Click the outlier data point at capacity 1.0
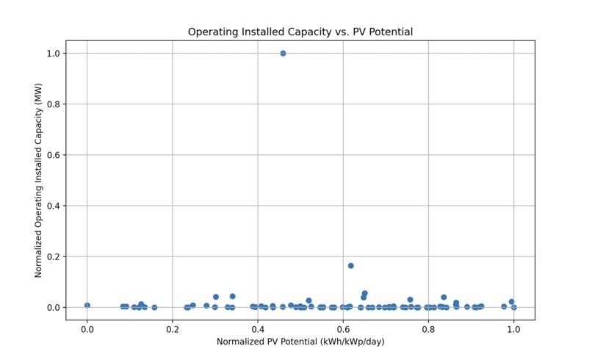click(283, 53)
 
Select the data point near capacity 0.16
click(351, 265)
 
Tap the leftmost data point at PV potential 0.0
click(87, 305)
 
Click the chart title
click(300, 32)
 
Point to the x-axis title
click(300, 342)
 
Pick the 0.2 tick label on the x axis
click(173, 329)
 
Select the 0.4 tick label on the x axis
click(258, 329)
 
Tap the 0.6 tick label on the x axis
click(343, 329)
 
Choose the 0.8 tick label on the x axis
click(428, 329)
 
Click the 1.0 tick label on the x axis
click(513, 329)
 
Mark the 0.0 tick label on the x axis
click(87, 329)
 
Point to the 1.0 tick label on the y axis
click(54, 54)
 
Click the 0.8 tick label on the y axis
click(54, 104)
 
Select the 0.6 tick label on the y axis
click(54, 155)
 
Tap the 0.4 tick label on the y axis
click(54, 206)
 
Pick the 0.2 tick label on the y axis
click(54, 256)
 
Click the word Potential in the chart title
click(389, 32)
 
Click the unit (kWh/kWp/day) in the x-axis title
click(347, 342)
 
